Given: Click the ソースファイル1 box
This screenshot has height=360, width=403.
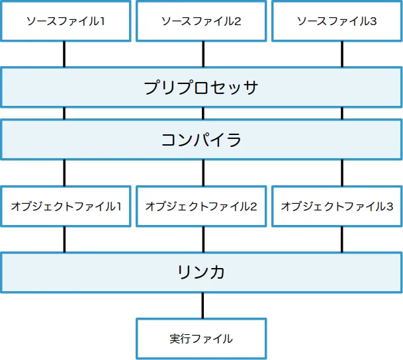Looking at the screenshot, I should coord(65,21).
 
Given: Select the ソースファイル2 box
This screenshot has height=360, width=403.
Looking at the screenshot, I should coord(201,21).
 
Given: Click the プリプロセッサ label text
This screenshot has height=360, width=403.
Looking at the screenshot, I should coord(201,87).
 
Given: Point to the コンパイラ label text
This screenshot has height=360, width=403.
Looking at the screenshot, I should coord(201,140).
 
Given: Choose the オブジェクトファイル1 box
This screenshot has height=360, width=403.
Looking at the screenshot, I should coord(65,206).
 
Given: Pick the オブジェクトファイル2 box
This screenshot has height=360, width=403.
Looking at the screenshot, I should coord(201,206).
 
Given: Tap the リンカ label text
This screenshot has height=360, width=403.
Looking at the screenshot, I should coord(201,272).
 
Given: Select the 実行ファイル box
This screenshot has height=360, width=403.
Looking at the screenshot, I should coord(201,339).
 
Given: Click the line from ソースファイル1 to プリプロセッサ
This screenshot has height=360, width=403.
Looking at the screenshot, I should coord(64,54).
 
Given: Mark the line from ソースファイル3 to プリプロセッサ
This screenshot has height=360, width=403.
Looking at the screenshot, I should coord(342,54).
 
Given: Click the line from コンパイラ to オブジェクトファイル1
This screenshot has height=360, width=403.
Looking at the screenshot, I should coord(64,173).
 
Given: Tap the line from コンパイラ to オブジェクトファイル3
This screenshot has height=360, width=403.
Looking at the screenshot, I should coord(342,173).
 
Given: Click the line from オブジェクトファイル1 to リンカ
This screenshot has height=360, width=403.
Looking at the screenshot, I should coord(64,239).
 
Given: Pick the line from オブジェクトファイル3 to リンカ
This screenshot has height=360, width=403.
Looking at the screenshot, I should coord(342,239).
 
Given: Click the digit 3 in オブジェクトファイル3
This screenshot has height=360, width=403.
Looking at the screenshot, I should coord(390,206).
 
